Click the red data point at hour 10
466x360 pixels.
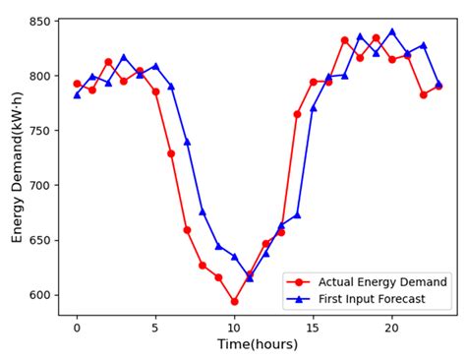(x=234, y=301)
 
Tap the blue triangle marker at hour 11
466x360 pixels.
(x=250, y=278)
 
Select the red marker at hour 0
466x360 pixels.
(x=77, y=84)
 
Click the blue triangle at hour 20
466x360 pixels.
(x=392, y=31)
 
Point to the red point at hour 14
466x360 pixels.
(x=297, y=114)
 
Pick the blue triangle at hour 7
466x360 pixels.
(x=187, y=142)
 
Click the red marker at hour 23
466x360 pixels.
(x=438, y=87)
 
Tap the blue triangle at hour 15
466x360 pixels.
(x=314, y=107)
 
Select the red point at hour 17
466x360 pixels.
(x=344, y=40)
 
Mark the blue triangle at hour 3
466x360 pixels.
(x=124, y=57)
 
